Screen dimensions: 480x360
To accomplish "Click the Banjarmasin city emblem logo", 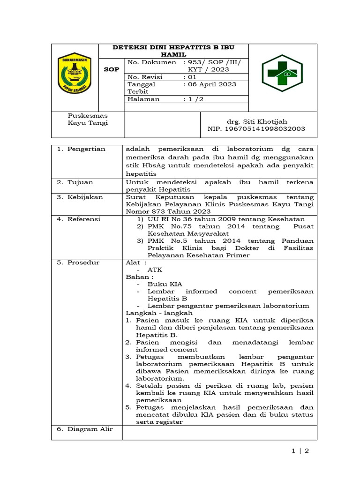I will (74, 73).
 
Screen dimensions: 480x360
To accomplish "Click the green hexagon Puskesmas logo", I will (282, 72).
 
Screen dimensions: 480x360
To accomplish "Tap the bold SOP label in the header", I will (111, 69).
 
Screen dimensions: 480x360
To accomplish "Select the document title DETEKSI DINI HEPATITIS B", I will (173, 51).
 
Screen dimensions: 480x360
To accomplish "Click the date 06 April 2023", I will (210, 84).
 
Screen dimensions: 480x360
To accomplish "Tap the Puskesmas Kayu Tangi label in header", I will (88, 119).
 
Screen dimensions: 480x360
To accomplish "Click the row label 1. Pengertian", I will (81, 149).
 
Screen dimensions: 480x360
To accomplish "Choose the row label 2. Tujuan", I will (75, 182).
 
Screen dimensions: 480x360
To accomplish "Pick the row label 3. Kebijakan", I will (80, 197).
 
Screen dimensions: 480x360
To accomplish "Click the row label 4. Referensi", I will (79, 219).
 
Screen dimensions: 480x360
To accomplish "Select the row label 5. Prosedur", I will (78, 262).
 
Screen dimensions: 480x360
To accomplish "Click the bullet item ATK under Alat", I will (155, 270).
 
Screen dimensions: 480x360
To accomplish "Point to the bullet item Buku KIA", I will (165, 284).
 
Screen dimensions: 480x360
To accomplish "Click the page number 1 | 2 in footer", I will (300, 451).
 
